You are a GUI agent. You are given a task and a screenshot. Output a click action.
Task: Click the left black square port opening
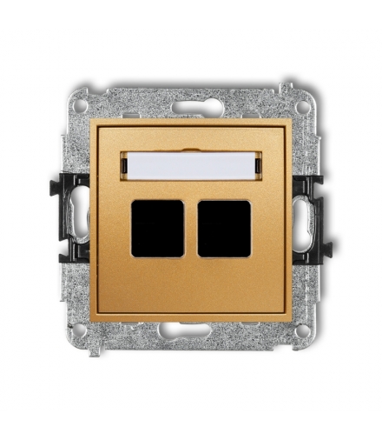click(x=158, y=229)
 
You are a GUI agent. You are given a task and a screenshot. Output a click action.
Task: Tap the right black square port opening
click(x=224, y=229)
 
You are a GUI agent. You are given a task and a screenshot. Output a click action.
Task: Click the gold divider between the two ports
click(x=191, y=229)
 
